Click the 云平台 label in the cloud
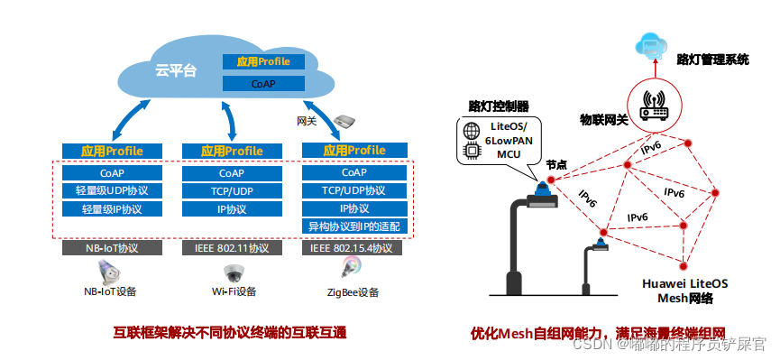coord(176,70)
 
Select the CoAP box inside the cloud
coord(262,83)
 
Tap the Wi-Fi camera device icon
coord(234,272)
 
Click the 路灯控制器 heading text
coord(499,106)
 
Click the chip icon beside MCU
coord(471,152)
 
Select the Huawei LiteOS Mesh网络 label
coord(684,290)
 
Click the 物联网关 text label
coord(603,119)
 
